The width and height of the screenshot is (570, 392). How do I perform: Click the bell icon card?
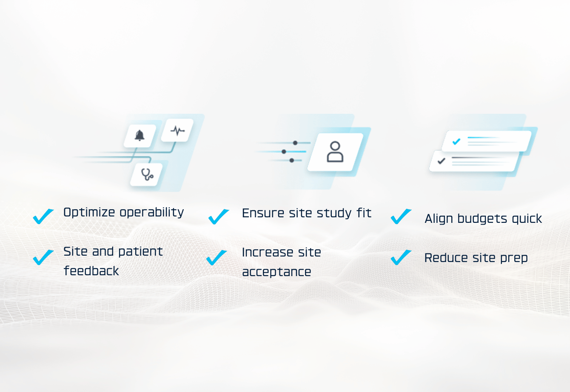point(140,136)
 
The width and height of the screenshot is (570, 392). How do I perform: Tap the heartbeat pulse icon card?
point(177,130)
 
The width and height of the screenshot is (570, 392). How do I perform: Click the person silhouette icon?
point(335,152)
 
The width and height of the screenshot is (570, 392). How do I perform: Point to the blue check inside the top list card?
point(456,141)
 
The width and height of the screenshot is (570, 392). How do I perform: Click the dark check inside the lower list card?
point(442,161)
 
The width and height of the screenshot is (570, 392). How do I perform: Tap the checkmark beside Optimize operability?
point(43,216)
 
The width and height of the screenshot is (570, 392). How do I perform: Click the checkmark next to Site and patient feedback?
point(43,257)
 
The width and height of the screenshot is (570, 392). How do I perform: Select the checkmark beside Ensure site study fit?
point(219,216)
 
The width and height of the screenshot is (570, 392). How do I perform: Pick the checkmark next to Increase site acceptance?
point(217,257)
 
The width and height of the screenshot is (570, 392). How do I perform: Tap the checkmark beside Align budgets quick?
point(401,216)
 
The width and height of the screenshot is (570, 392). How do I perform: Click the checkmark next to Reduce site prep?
point(401,257)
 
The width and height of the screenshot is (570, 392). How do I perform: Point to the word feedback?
point(91,271)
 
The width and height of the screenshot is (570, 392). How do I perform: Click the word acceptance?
point(276,272)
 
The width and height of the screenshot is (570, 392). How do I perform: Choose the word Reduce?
point(445,258)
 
